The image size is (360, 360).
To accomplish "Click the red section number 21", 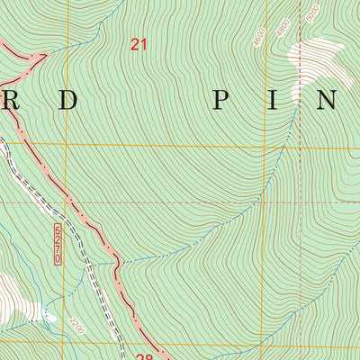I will coord(138,43).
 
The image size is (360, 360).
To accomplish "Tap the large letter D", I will coord(68,100).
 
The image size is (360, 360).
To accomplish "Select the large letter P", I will coord(220,100).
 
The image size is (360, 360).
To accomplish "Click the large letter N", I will coord(328,100).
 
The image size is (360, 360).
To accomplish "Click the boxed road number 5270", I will coord(58,244).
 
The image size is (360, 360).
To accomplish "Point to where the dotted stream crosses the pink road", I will coord(119,262).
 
